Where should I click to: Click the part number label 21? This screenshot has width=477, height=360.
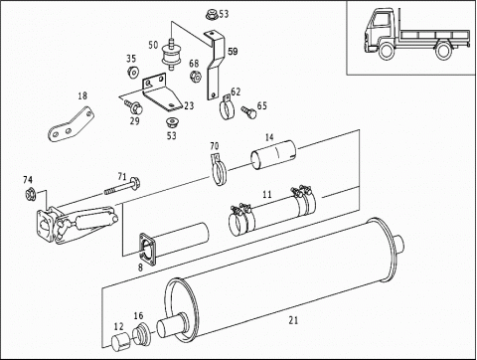point(293,320)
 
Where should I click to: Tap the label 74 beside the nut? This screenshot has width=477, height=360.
point(28,180)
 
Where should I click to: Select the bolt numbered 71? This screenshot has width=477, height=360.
point(122,187)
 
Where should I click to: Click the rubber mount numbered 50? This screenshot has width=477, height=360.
point(171,55)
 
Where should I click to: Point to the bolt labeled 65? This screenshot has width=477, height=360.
point(249,111)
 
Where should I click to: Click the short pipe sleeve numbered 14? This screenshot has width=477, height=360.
point(273,154)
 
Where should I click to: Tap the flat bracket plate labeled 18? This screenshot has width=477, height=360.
point(71,124)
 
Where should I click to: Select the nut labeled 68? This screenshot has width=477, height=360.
point(196,77)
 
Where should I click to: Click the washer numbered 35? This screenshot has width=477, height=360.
point(133,73)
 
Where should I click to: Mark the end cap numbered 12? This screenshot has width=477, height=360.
point(120,342)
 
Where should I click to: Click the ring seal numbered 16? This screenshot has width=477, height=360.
point(142,334)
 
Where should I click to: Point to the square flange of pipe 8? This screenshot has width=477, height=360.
point(147,250)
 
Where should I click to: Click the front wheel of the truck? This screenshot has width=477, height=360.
point(386,51)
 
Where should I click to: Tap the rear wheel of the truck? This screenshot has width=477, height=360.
point(443,51)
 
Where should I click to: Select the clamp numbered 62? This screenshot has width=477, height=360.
point(227,107)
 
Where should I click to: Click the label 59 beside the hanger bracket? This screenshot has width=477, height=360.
point(233,52)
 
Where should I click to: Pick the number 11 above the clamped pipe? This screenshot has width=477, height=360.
point(267,194)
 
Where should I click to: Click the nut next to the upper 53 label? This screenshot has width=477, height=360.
point(211,15)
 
